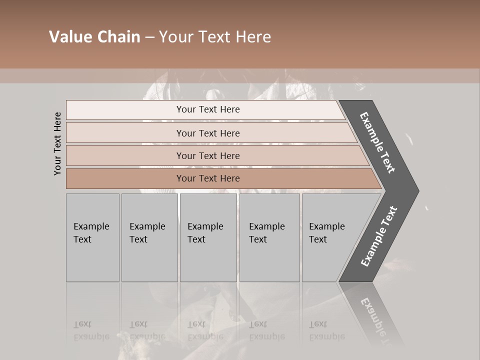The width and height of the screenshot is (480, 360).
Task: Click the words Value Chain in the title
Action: pos(94,37)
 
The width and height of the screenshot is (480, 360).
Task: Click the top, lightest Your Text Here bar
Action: pos(208,109)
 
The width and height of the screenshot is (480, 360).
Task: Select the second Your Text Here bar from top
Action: pos(208,133)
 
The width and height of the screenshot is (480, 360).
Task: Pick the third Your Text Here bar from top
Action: pos(208,156)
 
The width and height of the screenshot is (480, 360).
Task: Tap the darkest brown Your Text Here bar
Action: pos(208,178)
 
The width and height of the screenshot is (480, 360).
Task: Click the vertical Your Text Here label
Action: pos(57,143)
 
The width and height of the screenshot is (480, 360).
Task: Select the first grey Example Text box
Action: pos(92,237)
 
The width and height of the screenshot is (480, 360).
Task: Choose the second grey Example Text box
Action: pos(149,237)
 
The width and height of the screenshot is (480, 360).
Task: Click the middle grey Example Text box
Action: pos(208,237)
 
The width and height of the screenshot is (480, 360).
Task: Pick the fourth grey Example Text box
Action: pos(269,237)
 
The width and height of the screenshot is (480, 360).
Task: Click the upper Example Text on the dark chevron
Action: pos(378,142)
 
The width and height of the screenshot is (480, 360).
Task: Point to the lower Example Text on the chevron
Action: pos(379,236)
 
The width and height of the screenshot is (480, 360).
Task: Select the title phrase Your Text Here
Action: pos(215,37)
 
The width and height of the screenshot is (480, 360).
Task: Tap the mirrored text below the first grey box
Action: pos(91,330)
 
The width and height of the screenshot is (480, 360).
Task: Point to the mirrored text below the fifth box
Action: pos(327,330)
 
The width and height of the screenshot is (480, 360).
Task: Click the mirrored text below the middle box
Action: pos(205,330)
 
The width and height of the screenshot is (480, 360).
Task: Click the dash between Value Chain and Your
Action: pos(149,37)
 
